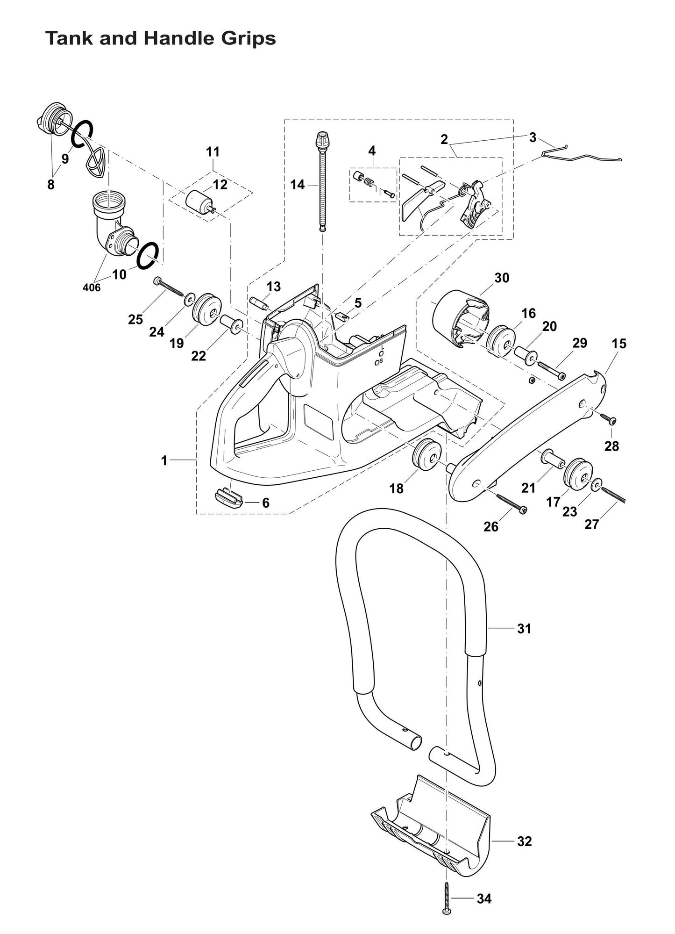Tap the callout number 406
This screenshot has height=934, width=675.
coord(92,287)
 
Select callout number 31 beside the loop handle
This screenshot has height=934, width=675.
coord(524,629)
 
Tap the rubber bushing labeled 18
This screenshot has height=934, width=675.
coord(427,453)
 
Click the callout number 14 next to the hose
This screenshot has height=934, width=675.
coord(297,185)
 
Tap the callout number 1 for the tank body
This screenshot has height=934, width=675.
coord(164,460)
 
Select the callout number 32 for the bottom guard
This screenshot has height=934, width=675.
coord(524,841)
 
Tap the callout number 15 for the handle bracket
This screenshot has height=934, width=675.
coord(619,344)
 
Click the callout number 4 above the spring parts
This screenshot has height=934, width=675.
coord(372,151)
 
